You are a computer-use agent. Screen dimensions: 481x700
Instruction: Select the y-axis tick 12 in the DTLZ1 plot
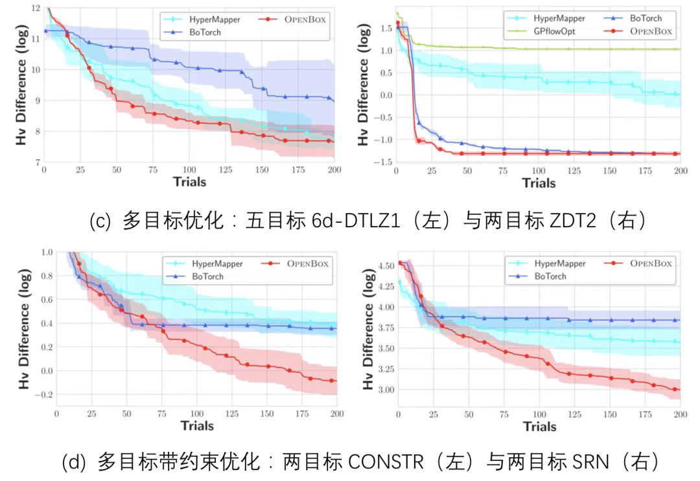[35, 8]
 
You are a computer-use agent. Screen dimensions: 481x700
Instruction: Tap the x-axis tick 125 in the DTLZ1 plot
[225, 169]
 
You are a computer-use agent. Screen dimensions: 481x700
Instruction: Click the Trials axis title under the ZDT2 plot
[539, 183]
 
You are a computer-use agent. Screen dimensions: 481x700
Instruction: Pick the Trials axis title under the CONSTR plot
[197, 426]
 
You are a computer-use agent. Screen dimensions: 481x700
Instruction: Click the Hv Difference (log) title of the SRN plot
[368, 329]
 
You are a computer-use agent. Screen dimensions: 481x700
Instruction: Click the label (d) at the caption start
[74, 463]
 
